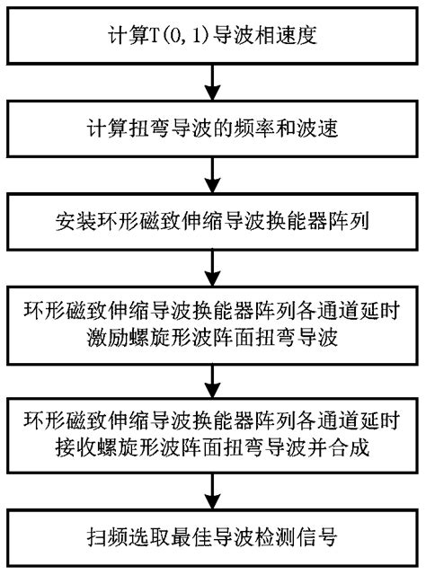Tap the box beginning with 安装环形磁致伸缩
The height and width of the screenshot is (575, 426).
[213, 218]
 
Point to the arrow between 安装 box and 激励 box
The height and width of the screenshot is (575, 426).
[213, 266]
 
